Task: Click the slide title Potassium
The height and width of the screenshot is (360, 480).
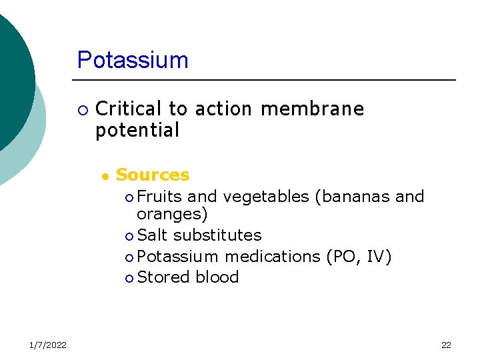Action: (133, 60)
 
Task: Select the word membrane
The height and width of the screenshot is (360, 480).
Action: (313, 109)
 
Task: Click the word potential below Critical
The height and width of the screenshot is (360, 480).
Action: (137, 131)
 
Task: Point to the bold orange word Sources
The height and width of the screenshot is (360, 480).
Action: (153, 175)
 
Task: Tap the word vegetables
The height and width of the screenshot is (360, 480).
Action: (266, 197)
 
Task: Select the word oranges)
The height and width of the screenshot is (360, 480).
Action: (172, 215)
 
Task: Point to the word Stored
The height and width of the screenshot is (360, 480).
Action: (163, 277)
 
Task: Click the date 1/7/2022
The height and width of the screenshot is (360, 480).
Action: (47, 345)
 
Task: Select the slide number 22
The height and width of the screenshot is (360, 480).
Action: (446, 345)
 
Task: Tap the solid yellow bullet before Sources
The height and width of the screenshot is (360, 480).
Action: (105, 177)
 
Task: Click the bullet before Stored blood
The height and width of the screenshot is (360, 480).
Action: (129, 278)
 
